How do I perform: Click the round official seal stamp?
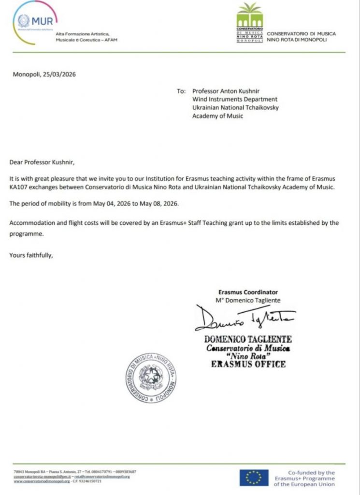pyautogui.click(x=151, y=379)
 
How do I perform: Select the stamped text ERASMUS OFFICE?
pyautogui.click(x=248, y=364)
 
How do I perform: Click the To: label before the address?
pyautogui.click(x=181, y=90)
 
